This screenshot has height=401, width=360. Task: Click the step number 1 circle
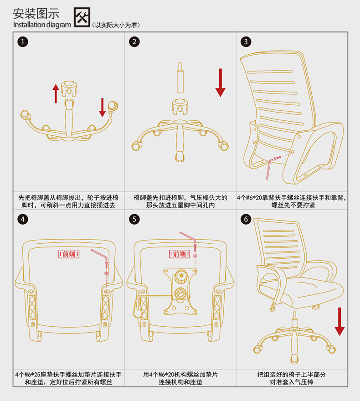(21, 42)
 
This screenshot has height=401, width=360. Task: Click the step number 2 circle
(134, 42)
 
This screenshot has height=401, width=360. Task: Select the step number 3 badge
(246, 42)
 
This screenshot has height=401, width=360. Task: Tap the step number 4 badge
(21, 219)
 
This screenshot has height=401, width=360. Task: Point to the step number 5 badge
(134, 219)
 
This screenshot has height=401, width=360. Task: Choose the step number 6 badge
(246, 219)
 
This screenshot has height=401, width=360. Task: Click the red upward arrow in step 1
(55, 93)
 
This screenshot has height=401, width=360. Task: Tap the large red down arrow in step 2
(221, 82)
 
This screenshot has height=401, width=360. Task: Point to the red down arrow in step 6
(339, 321)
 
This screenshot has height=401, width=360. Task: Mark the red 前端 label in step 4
(69, 254)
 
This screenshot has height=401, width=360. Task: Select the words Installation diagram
(42, 25)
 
